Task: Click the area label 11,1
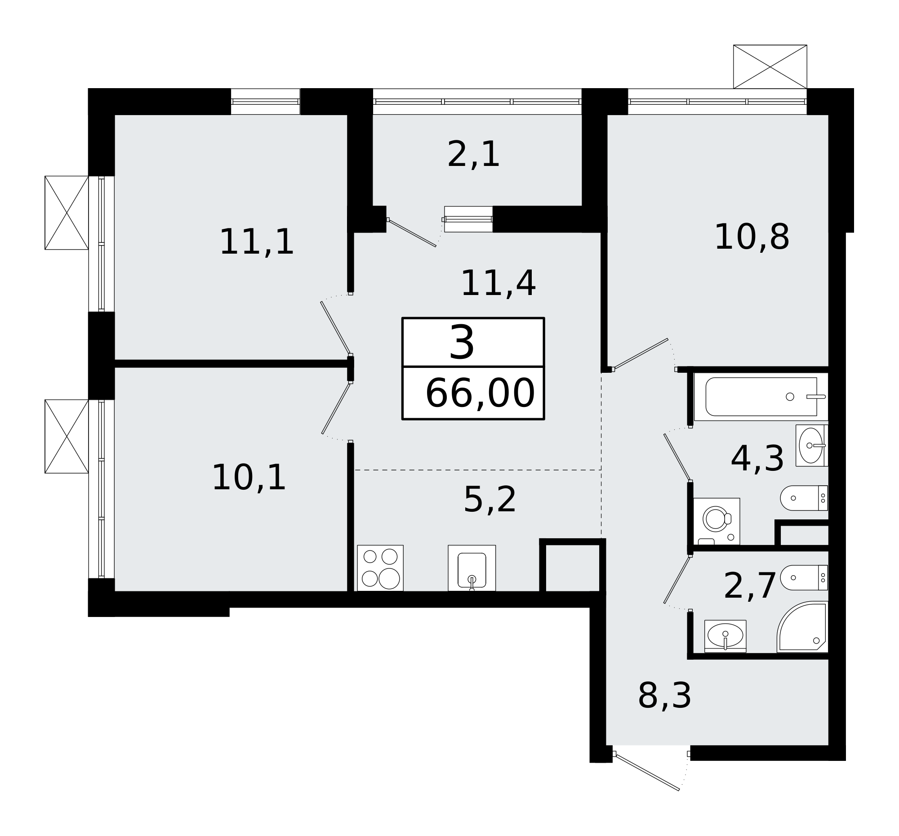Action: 256,243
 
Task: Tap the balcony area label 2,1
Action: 473,155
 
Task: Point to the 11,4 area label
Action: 498,284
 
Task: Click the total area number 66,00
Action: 480,394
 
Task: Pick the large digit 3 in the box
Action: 462,344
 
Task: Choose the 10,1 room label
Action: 249,478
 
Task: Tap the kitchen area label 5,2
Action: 490,501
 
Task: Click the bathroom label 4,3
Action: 757,460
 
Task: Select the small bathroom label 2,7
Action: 750,587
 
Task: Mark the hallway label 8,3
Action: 664,696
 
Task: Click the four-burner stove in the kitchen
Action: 380,568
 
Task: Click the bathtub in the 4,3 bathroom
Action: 761,397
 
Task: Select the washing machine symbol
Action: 717,521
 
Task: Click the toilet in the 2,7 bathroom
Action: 804,578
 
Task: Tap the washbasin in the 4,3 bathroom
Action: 811,446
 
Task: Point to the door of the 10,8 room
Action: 641,354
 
